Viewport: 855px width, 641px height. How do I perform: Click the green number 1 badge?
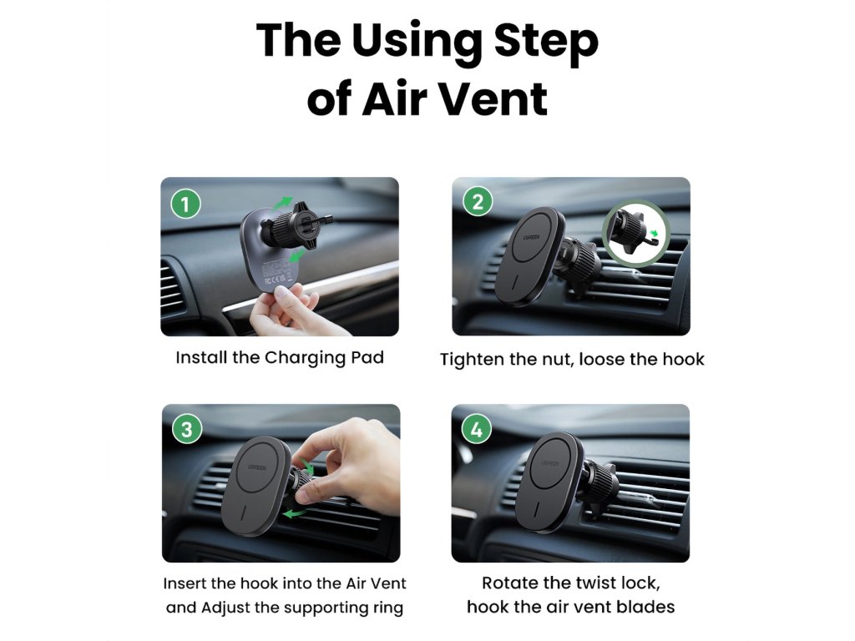186,204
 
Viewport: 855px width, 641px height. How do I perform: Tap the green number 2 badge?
478,202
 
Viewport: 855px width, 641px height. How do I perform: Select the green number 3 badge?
187,429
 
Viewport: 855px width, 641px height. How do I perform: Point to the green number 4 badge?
477,429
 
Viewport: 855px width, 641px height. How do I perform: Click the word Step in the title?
546,42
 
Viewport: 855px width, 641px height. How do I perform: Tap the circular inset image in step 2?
635,233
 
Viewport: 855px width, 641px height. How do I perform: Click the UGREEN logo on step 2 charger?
532,237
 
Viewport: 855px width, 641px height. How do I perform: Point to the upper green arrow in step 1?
282,204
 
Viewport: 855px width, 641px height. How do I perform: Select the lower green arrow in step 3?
295,513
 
